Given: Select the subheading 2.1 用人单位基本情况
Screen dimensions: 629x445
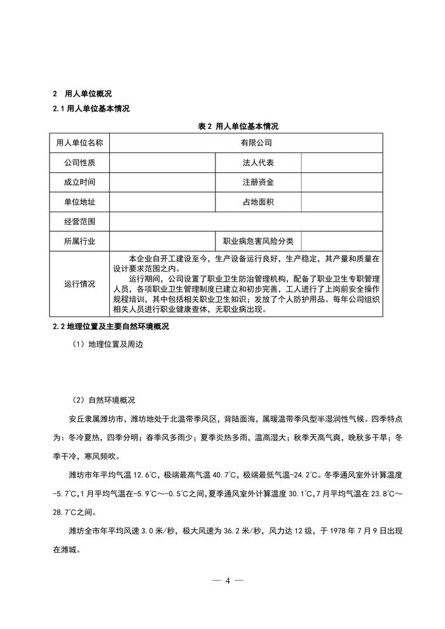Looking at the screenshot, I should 91,109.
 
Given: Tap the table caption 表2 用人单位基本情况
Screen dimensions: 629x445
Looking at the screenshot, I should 238,126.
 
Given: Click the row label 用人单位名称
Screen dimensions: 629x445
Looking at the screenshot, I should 79,143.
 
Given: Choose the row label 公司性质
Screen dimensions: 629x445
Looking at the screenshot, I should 79,163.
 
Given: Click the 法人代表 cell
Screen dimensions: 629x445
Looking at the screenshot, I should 258,163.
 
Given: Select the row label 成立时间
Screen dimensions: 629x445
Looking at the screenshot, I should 79,182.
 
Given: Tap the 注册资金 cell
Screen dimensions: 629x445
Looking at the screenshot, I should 258,182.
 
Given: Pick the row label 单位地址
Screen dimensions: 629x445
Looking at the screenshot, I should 79,202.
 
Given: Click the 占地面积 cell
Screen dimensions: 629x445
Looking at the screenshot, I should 258,202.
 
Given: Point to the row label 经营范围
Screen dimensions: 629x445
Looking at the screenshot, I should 79,222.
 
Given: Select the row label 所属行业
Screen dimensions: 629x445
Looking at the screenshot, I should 79,241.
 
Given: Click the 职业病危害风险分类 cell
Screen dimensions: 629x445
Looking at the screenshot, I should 258,241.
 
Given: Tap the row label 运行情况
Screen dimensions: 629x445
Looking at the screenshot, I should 79,284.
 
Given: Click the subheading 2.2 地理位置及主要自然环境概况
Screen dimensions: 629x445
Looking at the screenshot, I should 119,327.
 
